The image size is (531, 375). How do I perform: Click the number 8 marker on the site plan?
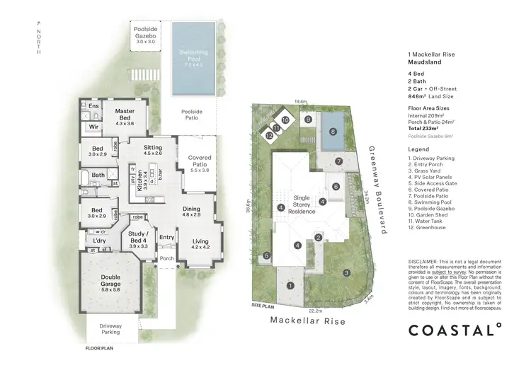click(x=333, y=131)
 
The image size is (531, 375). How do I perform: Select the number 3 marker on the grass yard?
click(x=346, y=272)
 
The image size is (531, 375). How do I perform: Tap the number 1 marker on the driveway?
click(x=290, y=285)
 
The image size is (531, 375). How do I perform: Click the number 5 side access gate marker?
click(x=267, y=255)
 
